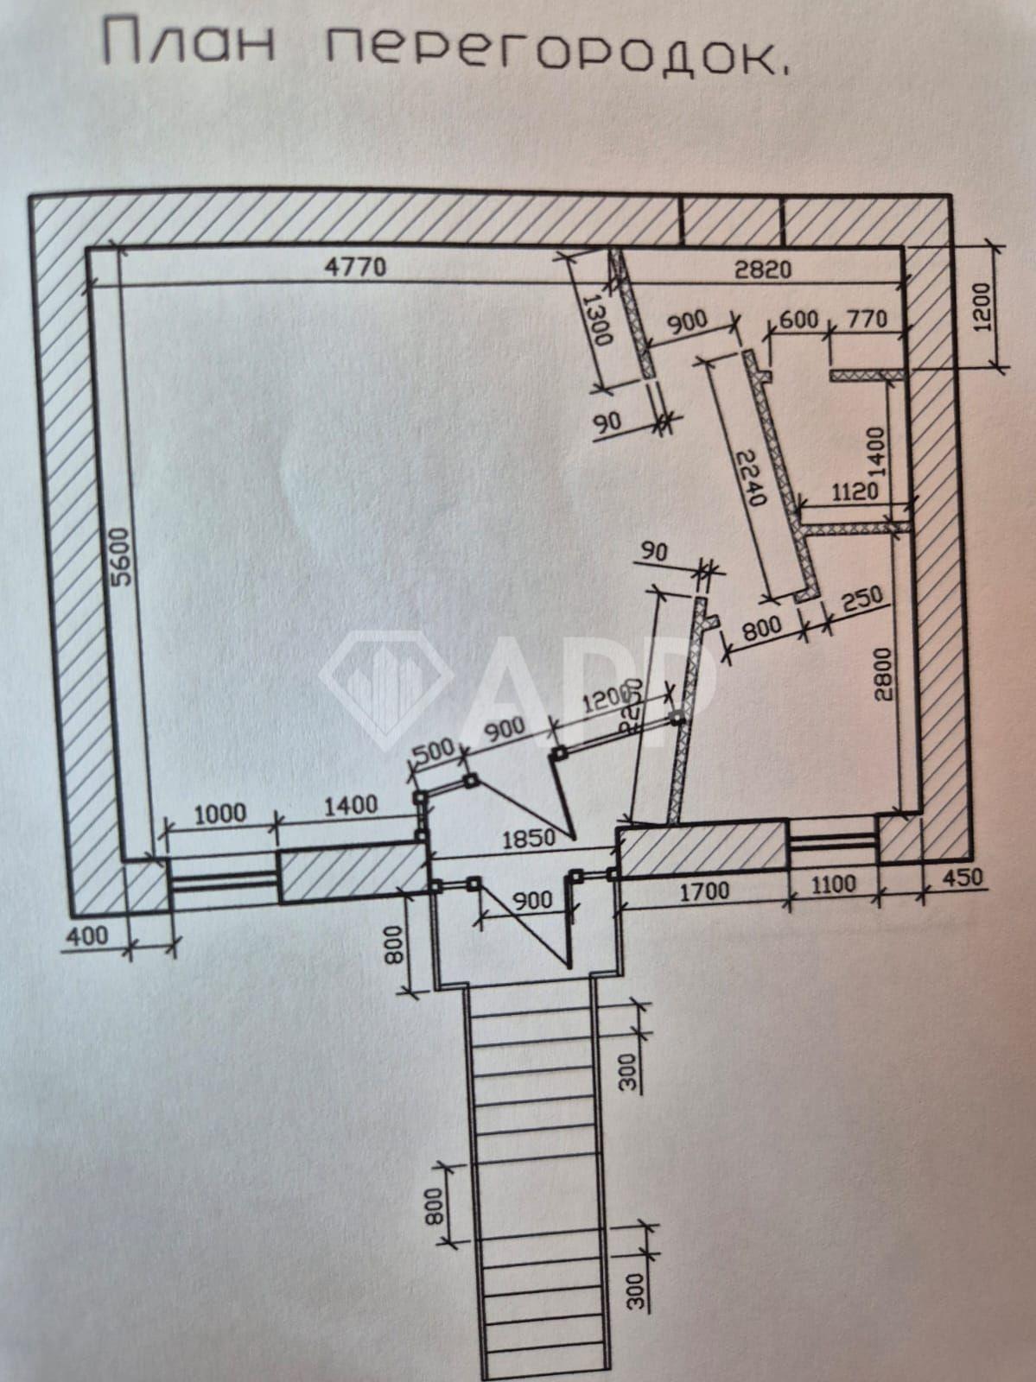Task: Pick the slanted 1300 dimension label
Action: [597, 319]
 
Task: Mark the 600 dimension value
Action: [799, 319]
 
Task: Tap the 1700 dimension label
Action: [703, 890]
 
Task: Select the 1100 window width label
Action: [833, 884]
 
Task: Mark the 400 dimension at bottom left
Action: [89, 935]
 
